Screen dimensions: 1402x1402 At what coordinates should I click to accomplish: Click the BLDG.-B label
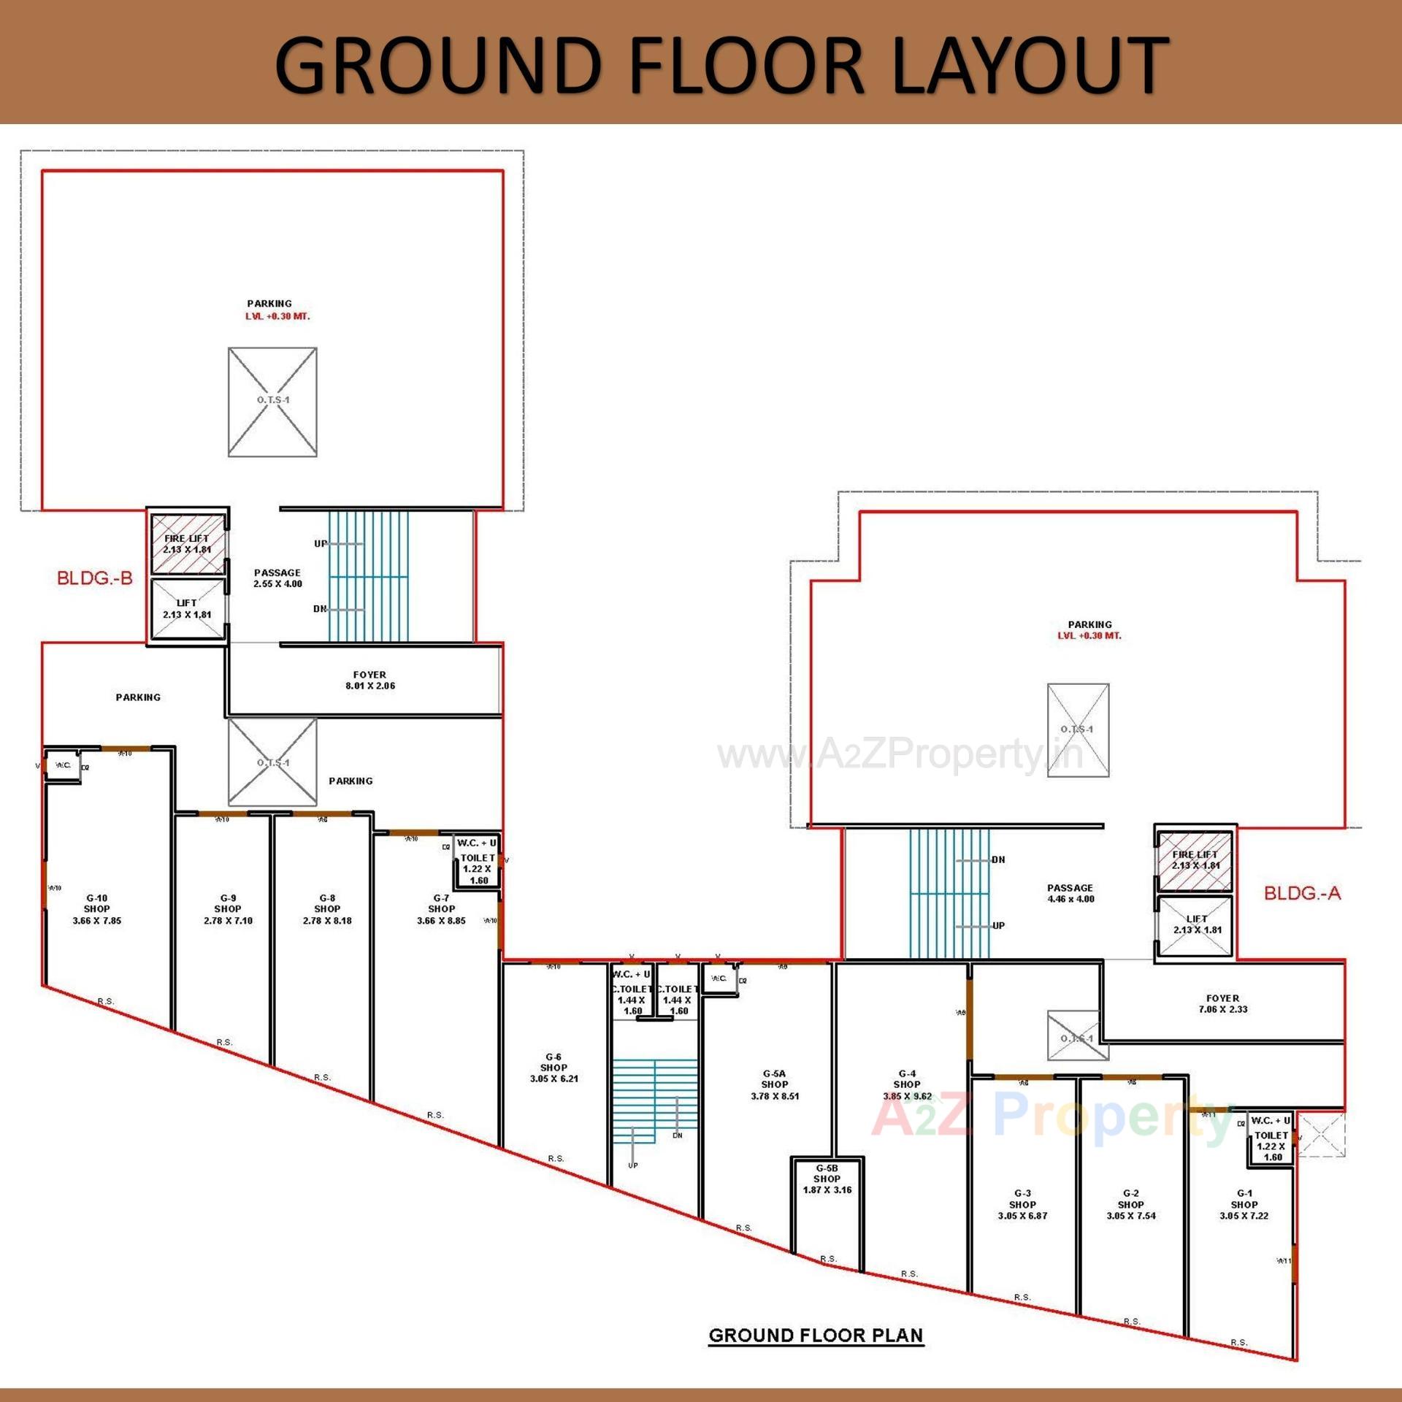95,578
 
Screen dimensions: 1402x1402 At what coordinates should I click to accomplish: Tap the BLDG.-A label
1302,893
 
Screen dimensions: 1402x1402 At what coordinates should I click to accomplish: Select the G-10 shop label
96,909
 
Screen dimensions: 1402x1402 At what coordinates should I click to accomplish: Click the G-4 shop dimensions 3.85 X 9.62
907,1096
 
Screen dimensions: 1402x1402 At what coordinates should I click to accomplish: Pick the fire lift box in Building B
188,544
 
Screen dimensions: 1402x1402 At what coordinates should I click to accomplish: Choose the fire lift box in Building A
1195,860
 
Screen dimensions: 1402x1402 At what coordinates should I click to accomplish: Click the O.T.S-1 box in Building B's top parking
272,402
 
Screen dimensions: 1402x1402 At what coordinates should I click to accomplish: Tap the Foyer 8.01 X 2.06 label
370,681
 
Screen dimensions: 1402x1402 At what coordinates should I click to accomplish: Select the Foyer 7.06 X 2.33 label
1222,1004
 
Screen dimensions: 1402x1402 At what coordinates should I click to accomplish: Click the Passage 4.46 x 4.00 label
1070,894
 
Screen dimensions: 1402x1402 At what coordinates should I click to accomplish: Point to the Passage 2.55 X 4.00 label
277,578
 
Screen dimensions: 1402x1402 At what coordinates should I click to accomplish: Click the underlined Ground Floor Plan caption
816,1336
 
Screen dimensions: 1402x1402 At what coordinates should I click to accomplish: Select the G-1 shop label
1244,1204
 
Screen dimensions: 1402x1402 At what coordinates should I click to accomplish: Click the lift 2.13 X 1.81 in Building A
1196,924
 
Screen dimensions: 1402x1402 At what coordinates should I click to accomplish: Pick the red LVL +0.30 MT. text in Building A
1089,636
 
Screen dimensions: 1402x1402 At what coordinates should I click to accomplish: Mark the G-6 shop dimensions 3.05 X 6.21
553,1079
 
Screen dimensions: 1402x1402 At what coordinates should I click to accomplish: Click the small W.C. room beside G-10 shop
64,765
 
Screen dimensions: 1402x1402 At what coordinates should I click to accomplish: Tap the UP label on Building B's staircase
321,543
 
